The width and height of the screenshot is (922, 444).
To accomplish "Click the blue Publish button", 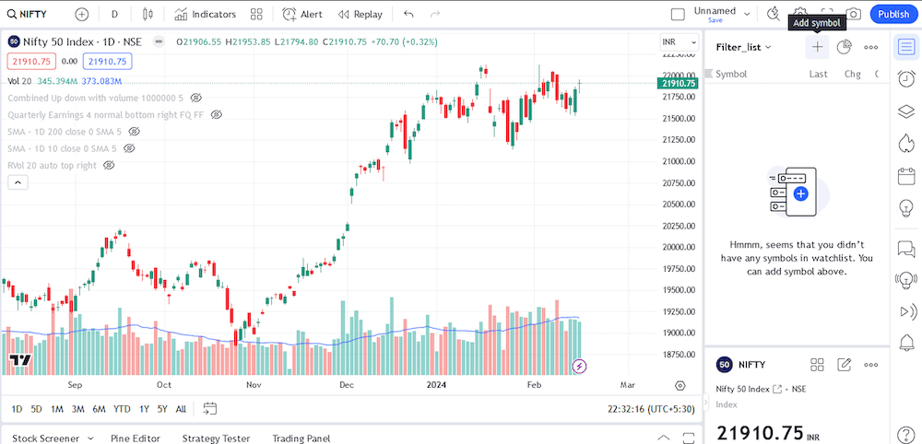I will point(892,14).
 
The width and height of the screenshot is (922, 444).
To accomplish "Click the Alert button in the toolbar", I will point(302,14).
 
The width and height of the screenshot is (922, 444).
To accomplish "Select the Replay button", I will point(360,14).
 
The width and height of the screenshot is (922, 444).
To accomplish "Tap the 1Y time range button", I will point(144,409).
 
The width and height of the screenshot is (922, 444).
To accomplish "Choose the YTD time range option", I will point(121,409).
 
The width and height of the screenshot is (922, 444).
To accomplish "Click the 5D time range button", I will point(36,409).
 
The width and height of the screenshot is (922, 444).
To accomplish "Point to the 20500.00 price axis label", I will point(679,204).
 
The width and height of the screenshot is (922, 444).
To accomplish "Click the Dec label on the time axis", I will point(347,385).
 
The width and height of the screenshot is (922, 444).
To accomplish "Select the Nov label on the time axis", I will point(255,385).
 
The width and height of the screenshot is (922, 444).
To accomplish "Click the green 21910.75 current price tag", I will point(678,83).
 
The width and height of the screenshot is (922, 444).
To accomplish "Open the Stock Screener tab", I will point(46,438).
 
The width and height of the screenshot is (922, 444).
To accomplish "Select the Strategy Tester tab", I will point(216,438).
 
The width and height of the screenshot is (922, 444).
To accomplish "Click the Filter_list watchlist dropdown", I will point(743,47).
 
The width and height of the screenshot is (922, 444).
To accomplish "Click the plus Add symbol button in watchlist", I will point(817,47).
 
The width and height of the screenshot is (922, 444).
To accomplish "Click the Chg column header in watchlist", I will point(852,74).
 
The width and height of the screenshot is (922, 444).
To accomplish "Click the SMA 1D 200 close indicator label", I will point(62,132).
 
